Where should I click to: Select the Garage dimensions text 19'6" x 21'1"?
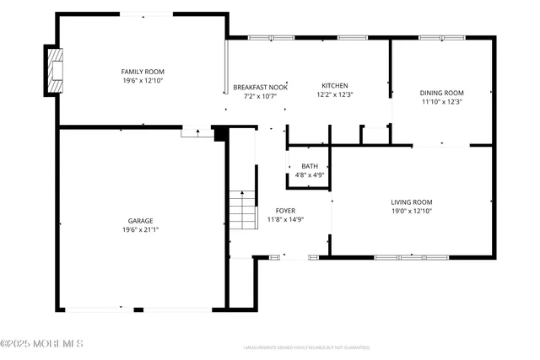(141, 228)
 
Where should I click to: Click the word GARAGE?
(141, 220)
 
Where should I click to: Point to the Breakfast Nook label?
(261, 87)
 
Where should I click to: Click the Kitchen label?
(335, 85)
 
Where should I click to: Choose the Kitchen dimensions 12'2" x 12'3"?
(335, 94)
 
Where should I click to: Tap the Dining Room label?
(442, 93)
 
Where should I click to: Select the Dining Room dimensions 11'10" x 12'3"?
(442, 102)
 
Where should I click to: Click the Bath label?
(310, 166)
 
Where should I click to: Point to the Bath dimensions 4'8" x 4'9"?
(310, 175)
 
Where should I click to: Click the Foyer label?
(285, 210)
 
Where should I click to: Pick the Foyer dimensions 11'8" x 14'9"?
(285, 219)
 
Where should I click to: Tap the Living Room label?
(411, 201)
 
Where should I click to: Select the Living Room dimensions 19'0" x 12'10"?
(411, 211)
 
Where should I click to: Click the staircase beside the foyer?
(242, 209)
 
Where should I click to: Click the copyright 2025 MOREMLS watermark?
(42, 343)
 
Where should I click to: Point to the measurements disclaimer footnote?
(306, 347)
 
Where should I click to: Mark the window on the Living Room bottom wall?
(411, 256)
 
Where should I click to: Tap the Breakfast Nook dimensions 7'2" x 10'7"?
(261, 96)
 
